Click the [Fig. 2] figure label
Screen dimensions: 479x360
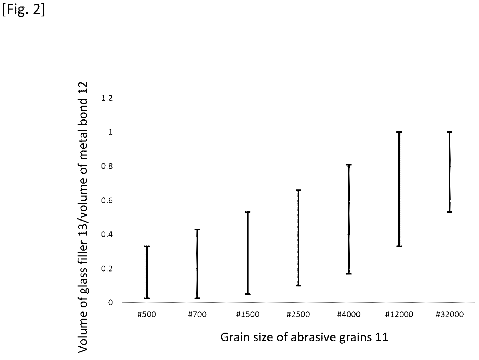tap(24, 10)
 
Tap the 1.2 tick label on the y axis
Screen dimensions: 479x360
tap(107, 98)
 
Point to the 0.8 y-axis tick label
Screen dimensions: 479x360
tap(107, 166)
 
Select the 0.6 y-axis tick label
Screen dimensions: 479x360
tap(107, 200)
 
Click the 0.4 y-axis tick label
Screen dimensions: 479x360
tap(107, 235)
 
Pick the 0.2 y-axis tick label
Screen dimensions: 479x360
tap(107, 269)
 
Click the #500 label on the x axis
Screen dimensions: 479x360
tap(147, 315)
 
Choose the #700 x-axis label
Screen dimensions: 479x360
tap(197, 315)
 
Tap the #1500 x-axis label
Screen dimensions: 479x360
tap(248, 315)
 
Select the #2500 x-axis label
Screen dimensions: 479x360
tap(298, 315)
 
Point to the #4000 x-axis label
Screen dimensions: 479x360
tap(349, 315)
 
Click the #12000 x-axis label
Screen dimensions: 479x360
tap(399, 315)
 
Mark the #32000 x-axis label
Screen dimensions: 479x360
tap(450, 315)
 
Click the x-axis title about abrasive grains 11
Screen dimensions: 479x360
tap(304, 337)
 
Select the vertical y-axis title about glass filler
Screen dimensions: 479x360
tap(83, 217)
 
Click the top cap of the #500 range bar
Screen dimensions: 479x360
tap(147, 246)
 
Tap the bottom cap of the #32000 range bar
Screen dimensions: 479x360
tap(450, 212)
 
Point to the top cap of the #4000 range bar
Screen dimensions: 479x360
tap(349, 165)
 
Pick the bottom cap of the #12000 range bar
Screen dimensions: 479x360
tap(399, 246)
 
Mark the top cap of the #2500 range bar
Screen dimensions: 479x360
tap(298, 190)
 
